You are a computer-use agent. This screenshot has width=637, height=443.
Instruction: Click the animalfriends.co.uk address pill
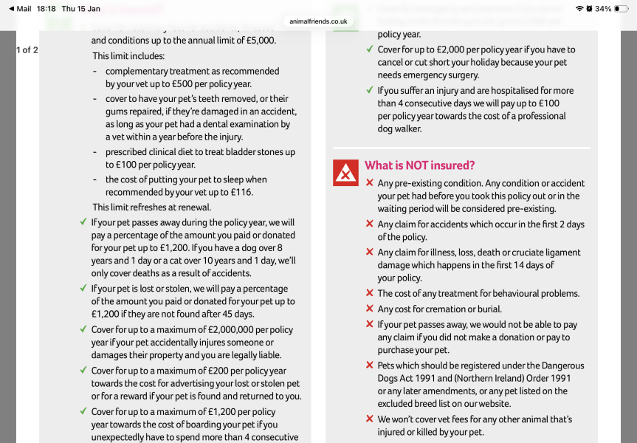point(318,21)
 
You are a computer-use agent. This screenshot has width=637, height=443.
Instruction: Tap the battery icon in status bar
point(621,9)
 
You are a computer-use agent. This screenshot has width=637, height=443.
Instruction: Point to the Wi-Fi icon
point(579,9)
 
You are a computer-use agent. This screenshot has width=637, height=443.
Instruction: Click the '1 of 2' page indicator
point(27,50)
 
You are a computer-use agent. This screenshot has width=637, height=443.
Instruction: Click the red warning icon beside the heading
point(345,173)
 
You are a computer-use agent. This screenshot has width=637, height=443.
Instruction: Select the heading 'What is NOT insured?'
point(419,165)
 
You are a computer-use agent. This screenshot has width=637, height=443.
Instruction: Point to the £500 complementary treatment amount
point(202,83)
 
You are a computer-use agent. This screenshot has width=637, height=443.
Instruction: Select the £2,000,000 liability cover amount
point(233,329)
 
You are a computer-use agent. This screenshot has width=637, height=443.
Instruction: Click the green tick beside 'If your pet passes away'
point(83,222)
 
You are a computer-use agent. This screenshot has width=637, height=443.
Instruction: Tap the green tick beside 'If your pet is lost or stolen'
point(83,289)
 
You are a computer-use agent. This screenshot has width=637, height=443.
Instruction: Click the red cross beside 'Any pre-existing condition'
point(369,183)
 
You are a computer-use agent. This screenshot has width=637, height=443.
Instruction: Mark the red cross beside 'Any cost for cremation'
point(369,309)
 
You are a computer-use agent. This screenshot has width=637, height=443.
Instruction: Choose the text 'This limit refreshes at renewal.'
point(151,207)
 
